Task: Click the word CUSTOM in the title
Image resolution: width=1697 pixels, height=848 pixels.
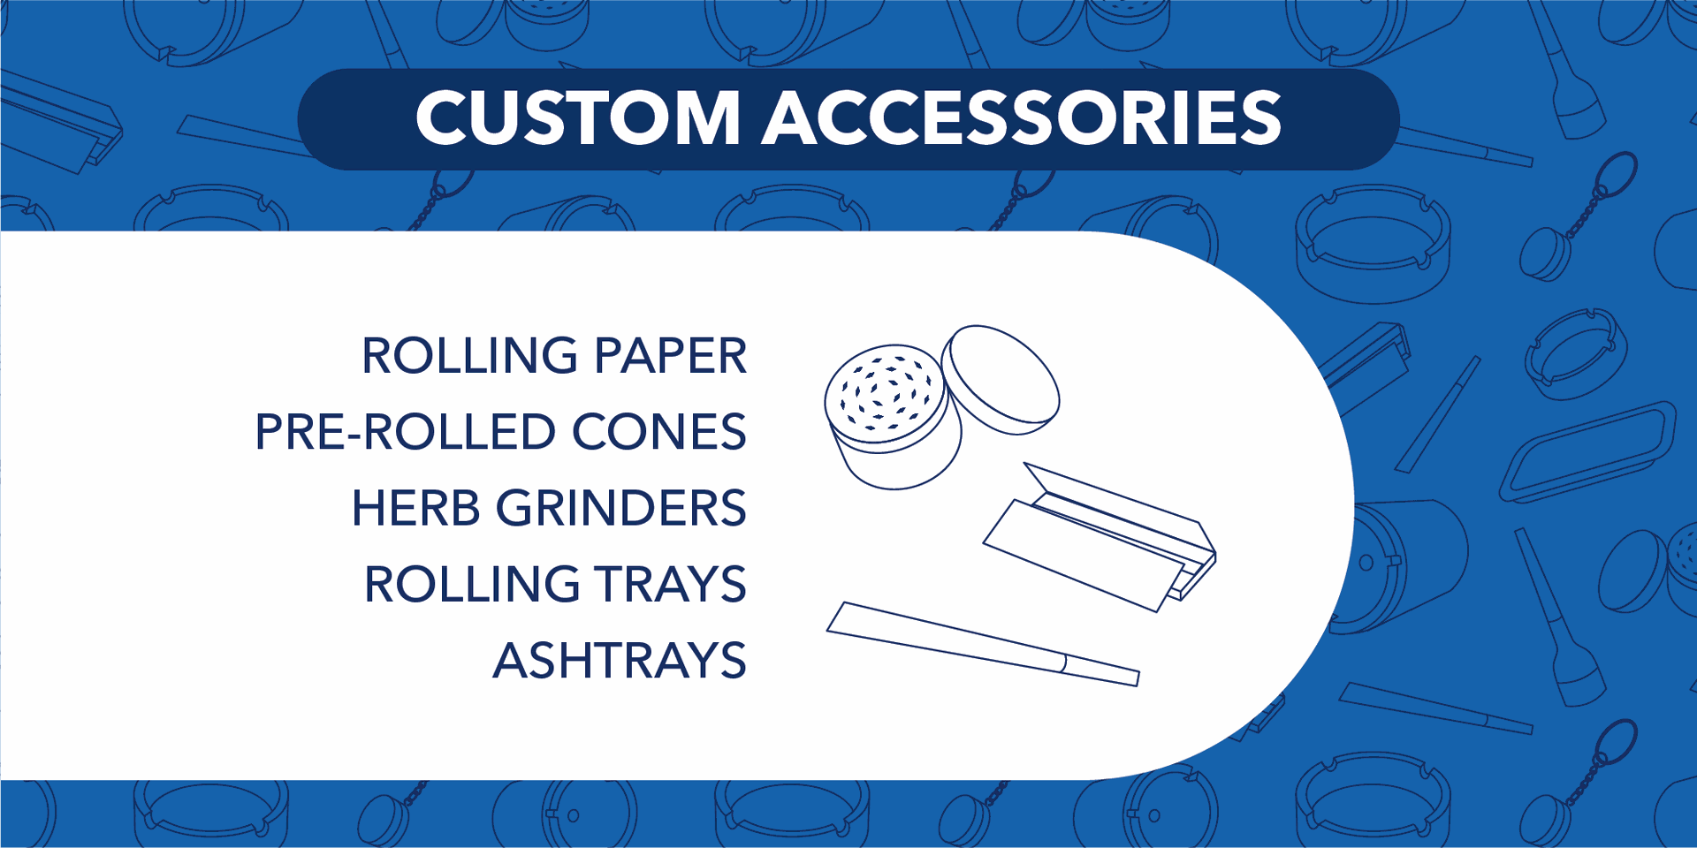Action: click(x=578, y=117)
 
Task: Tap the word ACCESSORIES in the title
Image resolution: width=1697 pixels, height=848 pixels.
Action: click(x=1023, y=117)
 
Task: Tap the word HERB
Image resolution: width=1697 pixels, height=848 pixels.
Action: click(x=415, y=509)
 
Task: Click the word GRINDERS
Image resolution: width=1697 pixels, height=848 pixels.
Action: click(x=621, y=509)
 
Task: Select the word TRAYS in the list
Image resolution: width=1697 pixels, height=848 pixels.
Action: click(x=671, y=585)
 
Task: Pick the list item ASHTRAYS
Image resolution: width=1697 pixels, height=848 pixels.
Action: click(x=620, y=661)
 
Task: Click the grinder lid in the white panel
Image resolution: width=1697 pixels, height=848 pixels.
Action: click(x=1000, y=380)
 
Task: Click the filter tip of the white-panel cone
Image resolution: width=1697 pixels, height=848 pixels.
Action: click(x=1101, y=670)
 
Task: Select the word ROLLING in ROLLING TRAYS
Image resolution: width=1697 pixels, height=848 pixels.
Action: click(x=471, y=585)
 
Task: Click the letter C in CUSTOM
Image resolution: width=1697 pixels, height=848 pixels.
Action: click(x=441, y=117)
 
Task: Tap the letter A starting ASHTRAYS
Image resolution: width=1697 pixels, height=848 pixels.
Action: click(x=512, y=661)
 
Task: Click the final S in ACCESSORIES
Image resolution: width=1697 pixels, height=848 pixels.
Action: click(x=1260, y=117)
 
